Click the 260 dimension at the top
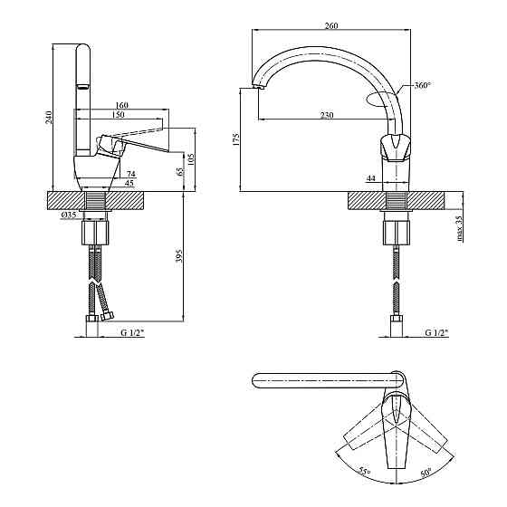coord(331,25)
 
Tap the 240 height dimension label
coord(48,118)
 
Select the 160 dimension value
coord(121,105)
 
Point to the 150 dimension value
coord(119,115)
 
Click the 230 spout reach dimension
coord(327,115)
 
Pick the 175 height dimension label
coord(235,139)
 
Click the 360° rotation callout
coord(423,85)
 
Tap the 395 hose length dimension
coord(180,255)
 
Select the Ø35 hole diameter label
coord(69,215)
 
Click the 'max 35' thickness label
coord(459,228)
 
